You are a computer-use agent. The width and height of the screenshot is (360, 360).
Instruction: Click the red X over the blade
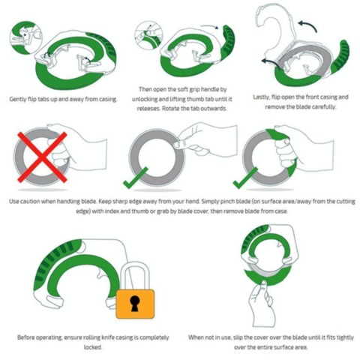[x=42, y=157]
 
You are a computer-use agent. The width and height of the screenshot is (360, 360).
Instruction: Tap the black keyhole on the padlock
[x=135, y=303]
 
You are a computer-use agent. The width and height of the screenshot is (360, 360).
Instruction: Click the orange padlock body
[x=135, y=304]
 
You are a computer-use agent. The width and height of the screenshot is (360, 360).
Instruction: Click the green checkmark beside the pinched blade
[x=135, y=178]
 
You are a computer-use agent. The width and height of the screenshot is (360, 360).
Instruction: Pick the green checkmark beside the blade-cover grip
[x=245, y=178]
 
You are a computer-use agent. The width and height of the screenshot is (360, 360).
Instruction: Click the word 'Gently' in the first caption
[x=18, y=99]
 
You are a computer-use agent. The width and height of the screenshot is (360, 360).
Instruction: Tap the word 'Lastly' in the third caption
[x=262, y=97]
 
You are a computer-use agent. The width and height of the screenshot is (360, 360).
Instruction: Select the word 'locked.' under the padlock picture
[x=93, y=347]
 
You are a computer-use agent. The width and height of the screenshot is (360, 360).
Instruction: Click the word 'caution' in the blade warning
[x=29, y=201]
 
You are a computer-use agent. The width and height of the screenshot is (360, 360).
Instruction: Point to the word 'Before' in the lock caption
[x=26, y=337]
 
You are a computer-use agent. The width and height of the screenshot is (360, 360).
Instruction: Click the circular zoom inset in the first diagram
[x=26, y=37]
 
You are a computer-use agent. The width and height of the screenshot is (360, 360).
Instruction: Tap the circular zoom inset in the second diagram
[x=148, y=35]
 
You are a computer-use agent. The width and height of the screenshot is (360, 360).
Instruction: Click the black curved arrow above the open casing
[x=307, y=26]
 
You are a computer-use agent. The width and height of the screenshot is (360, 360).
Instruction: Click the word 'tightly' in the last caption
[x=345, y=337]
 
